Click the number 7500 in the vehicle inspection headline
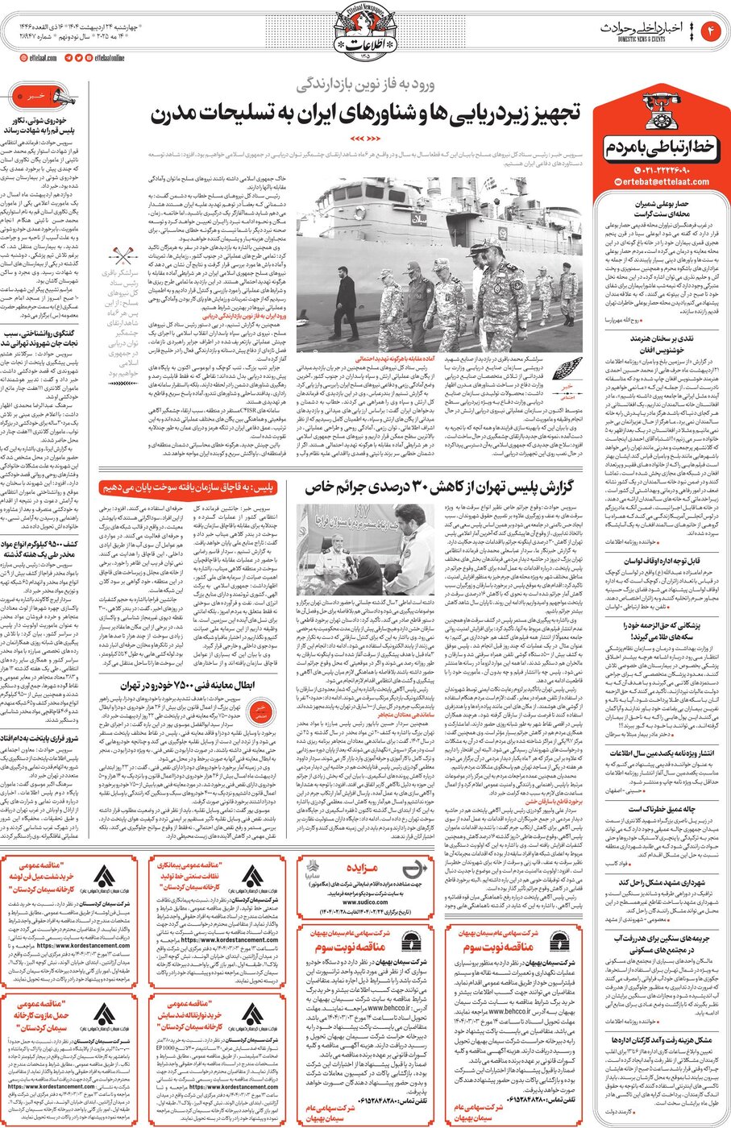tap(193, 686)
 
